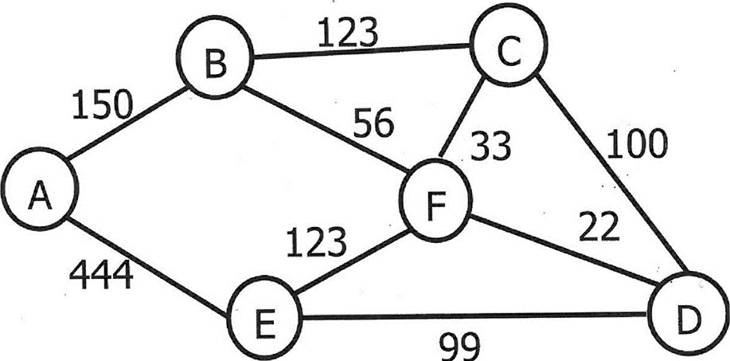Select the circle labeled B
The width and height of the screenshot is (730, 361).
[x=213, y=62]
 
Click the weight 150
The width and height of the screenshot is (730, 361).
[x=103, y=104]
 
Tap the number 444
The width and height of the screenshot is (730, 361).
[x=100, y=277]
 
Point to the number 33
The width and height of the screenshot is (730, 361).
[x=489, y=147]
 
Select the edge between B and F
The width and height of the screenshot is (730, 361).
[x=326, y=131]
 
